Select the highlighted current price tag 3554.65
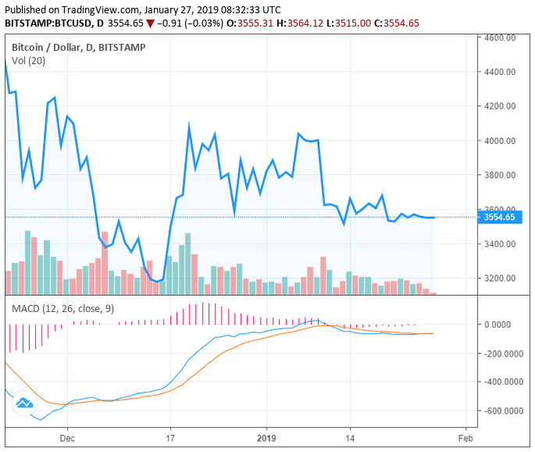(499, 217)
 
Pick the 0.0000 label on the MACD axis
(502, 325)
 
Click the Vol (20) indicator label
(28, 61)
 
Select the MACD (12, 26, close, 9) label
(62, 309)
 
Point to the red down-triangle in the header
(150, 23)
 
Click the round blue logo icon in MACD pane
(23, 403)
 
